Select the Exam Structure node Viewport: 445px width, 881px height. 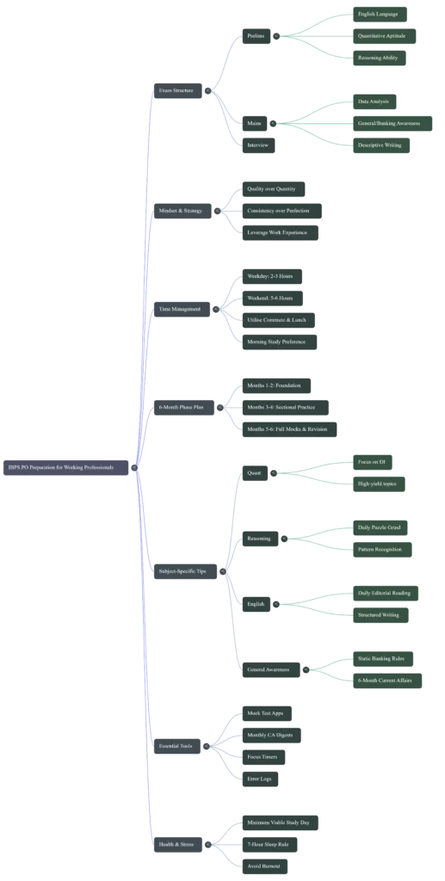tap(177, 89)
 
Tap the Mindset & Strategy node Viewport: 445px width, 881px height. tap(182, 210)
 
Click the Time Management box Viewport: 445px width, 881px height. tap(181, 309)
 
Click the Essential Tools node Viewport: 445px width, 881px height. tap(178, 747)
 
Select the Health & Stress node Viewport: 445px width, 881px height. tap(178, 844)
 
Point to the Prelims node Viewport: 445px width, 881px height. tap(257, 36)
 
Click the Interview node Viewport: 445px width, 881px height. tap(258, 145)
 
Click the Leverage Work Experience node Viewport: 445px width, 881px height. tap(280, 232)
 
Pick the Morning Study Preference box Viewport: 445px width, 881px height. tap(281, 341)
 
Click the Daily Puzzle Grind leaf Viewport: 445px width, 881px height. tap(378, 527)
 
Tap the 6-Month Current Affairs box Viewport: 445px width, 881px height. tap(385, 680)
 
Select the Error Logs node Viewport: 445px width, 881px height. tap(259, 778)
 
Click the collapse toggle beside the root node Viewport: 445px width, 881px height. tap(134, 467)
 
